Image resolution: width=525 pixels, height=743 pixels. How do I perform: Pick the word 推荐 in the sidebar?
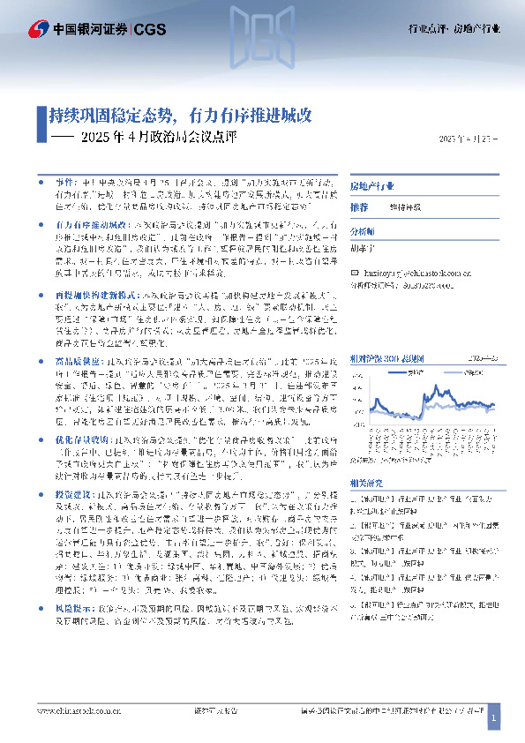(x=358, y=206)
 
